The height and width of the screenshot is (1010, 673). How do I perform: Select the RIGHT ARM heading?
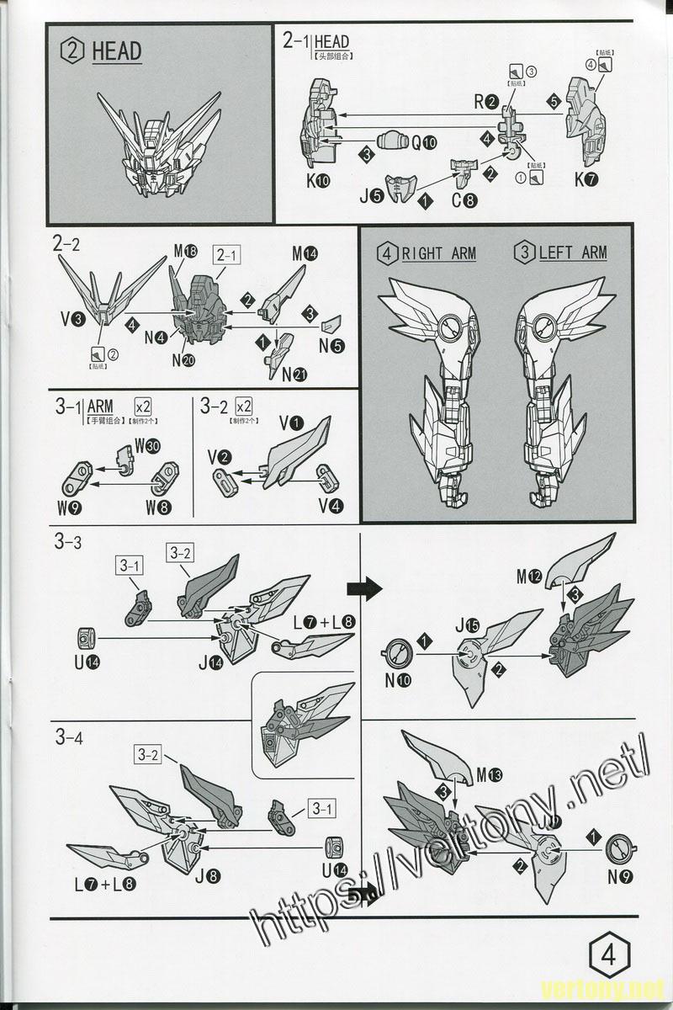(429, 252)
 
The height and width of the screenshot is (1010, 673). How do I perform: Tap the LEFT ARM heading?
(562, 252)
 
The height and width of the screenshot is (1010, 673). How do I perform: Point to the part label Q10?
(424, 142)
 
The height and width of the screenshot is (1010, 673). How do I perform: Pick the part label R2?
(485, 102)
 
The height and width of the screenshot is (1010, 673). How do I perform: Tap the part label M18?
(185, 252)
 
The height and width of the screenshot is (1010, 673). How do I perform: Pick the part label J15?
(467, 626)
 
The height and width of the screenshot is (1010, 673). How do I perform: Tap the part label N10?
(398, 681)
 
